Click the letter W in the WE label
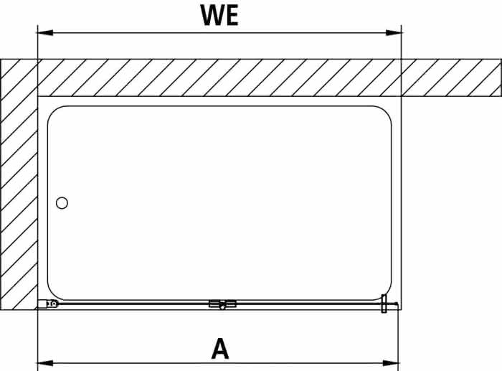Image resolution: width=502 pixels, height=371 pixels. tap(213, 15)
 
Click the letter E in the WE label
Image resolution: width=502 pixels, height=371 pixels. tap(232, 15)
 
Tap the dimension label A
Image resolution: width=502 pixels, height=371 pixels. tap(220, 348)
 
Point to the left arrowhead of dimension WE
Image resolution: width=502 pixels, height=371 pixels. tap(45, 33)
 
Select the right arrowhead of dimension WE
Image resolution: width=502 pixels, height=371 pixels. tap(394, 33)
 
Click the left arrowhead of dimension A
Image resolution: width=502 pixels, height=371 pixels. tap(45, 363)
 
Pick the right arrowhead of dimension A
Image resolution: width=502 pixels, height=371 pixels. tap(391, 363)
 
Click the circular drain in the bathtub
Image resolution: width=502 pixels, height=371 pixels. tap(62, 203)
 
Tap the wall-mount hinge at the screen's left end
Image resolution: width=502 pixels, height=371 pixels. tap(48, 304)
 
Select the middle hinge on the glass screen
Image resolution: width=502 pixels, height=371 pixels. tap(222, 304)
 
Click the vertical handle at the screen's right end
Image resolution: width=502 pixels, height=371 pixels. tap(384, 304)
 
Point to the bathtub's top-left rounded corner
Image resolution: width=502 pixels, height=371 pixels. tap(52, 111)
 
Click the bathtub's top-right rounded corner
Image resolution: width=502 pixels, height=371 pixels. tap(387, 111)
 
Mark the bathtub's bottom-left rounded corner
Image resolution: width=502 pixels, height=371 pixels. tap(52, 295)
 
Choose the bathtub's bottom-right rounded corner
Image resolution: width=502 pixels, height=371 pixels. tap(387, 294)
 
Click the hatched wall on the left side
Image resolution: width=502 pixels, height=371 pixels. tap(19, 184)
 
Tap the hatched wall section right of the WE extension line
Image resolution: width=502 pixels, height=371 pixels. tap(451, 78)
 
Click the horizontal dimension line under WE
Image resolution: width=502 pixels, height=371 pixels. tap(219, 33)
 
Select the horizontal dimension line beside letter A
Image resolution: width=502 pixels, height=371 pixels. tap(218, 363)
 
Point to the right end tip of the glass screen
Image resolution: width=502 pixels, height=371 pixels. tap(398, 304)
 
